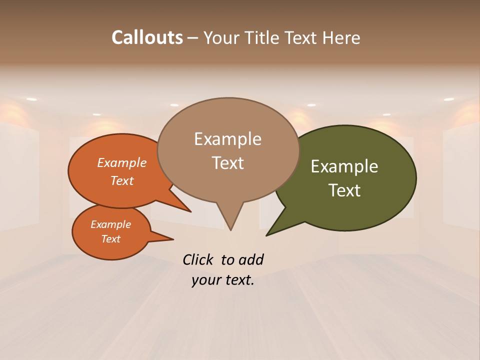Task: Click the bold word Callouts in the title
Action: point(147,37)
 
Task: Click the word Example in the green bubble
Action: point(344,166)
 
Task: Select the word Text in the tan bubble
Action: point(228,163)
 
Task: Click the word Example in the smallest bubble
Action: point(110,224)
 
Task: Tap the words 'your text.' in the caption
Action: point(223,280)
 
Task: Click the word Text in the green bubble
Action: point(344,190)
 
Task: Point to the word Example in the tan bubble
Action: point(228,139)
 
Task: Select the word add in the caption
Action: point(250,259)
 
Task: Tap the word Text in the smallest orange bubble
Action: point(110,239)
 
